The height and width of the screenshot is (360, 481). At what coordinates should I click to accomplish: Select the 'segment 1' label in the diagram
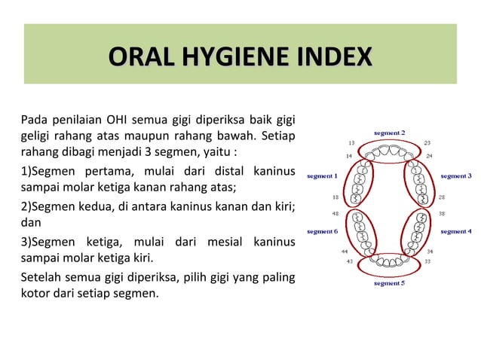(321, 176)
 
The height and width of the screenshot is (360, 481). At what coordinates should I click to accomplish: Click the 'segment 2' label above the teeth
(390, 133)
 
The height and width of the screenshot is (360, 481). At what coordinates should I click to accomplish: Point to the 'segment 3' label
(456, 176)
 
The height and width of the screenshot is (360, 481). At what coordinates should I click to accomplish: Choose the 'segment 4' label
(456, 231)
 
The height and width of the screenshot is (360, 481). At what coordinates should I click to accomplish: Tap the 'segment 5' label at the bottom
(390, 284)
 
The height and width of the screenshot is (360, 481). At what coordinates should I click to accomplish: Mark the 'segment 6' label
(321, 231)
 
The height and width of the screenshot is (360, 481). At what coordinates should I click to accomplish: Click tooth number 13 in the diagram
(351, 142)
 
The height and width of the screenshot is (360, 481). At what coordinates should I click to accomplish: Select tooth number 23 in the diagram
(427, 142)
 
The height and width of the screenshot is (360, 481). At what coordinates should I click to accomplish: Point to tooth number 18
(335, 197)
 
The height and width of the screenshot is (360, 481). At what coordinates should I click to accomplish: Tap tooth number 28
(442, 197)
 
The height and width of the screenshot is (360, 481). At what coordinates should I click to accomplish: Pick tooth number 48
(335, 213)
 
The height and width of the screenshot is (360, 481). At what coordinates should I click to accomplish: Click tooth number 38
(442, 213)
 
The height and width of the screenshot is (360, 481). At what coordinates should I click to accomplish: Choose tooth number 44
(344, 251)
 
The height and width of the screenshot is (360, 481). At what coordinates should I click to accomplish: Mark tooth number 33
(428, 261)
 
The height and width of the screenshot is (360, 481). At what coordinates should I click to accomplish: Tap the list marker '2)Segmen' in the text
(47, 207)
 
